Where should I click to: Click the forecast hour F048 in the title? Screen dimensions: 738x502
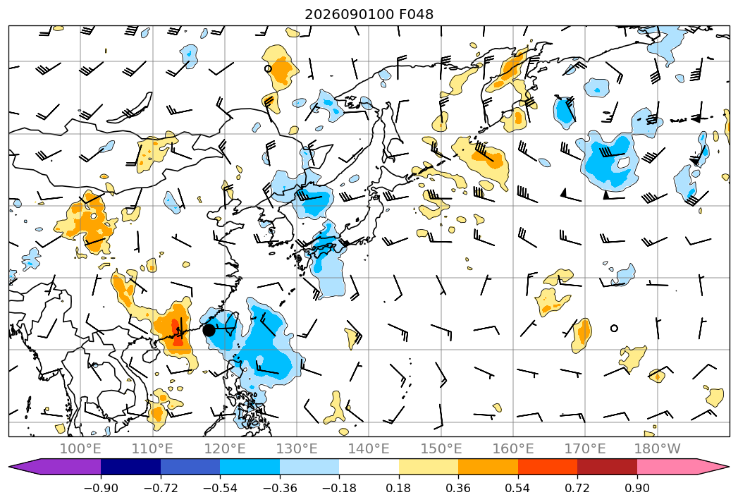pyautogui.click(x=416, y=14)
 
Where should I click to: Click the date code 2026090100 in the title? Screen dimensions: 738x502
pyautogui.click(x=349, y=14)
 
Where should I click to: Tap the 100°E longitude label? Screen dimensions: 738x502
pyautogui.click(x=80, y=448)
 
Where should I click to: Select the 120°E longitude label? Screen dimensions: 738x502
pyautogui.click(x=225, y=448)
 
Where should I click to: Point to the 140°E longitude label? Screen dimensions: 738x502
pyautogui.click(x=369, y=448)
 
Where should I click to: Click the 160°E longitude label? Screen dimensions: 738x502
pyautogui.click(x=513, y=448)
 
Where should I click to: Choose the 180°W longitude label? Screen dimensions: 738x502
pyautogui.click(x=658, y=448)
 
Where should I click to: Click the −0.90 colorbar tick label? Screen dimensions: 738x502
pyautogui.click(x=101, y=488)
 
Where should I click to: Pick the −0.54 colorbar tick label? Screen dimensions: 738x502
pyautogui.click(x=220, y=488)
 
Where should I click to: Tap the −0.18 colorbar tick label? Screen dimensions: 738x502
pyautogui.click(x=339, y=488)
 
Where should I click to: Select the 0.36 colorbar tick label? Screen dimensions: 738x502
pyautogui.click(x=458, y=488)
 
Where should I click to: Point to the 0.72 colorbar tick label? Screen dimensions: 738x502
pyautogui.click(x=577, y=488)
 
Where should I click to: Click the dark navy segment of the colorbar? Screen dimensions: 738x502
pyautogui.click(x=130, y=467)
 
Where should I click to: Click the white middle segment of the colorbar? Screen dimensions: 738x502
pyautogui.click(x=369, y=467)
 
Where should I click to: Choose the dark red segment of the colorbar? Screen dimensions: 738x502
pyautogui.click(x=607, y=467)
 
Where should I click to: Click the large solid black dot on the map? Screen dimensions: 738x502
pyautogui.click(x=209, y=330)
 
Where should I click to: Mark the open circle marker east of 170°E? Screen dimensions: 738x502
pyautogui.click(x=614, y=329)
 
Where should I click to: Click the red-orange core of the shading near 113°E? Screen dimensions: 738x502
pyautogui.click(x=177, y=333)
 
